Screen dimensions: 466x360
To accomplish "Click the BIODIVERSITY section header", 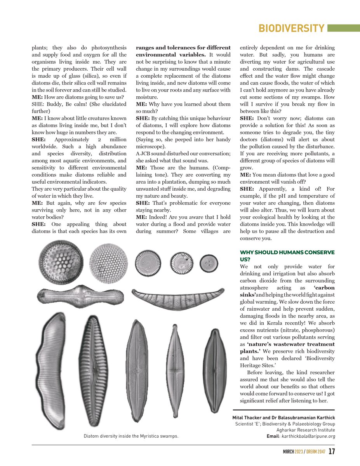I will click(x=291, y=29).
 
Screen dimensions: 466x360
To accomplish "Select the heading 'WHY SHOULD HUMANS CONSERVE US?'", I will click(x=287, y=256).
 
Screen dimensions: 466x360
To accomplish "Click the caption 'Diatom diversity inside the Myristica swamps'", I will click(x=131, y=436).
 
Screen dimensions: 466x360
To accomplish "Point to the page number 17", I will click(x=332, y=452).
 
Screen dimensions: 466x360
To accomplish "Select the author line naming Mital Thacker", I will click(x=283, y=417).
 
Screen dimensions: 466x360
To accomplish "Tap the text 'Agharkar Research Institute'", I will click(x=306, y=430).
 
